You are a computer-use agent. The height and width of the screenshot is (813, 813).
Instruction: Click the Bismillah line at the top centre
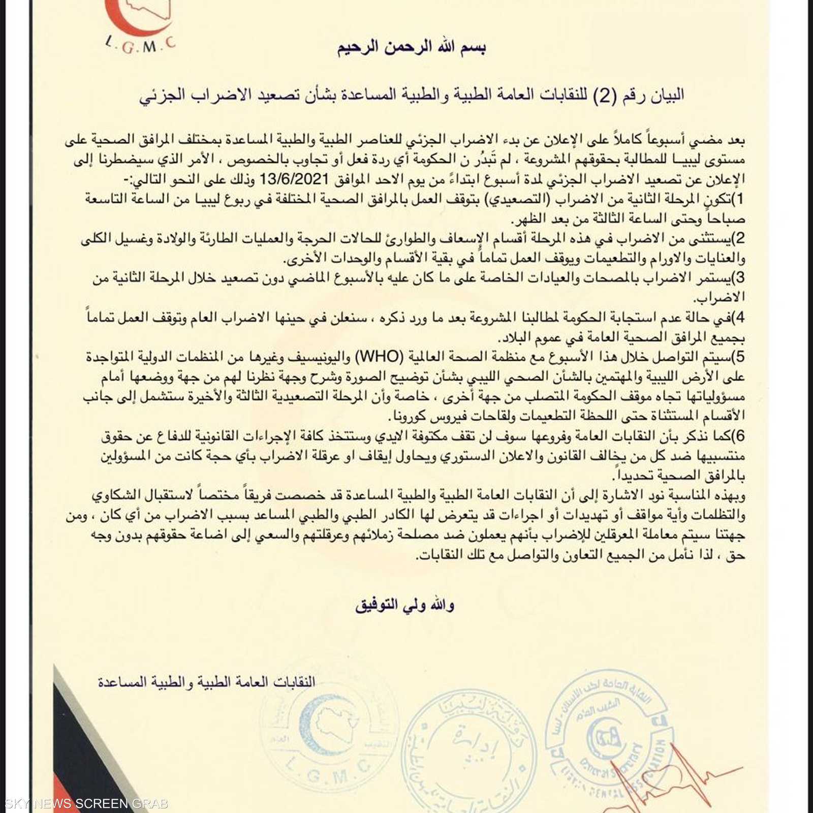pyautogui.click(x=411, y=47)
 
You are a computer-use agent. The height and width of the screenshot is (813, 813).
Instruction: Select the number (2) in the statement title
pyautogui.click(x=605, y=95)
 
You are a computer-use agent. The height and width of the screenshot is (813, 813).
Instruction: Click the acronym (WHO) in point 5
pyautogui.click(x=379, y=357)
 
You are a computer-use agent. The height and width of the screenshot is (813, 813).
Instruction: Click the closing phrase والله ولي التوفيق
pyautogui.click(x=405, y=605)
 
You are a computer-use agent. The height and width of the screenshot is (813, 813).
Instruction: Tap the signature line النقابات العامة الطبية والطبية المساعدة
pyautogui.click(x=206, y=681)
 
